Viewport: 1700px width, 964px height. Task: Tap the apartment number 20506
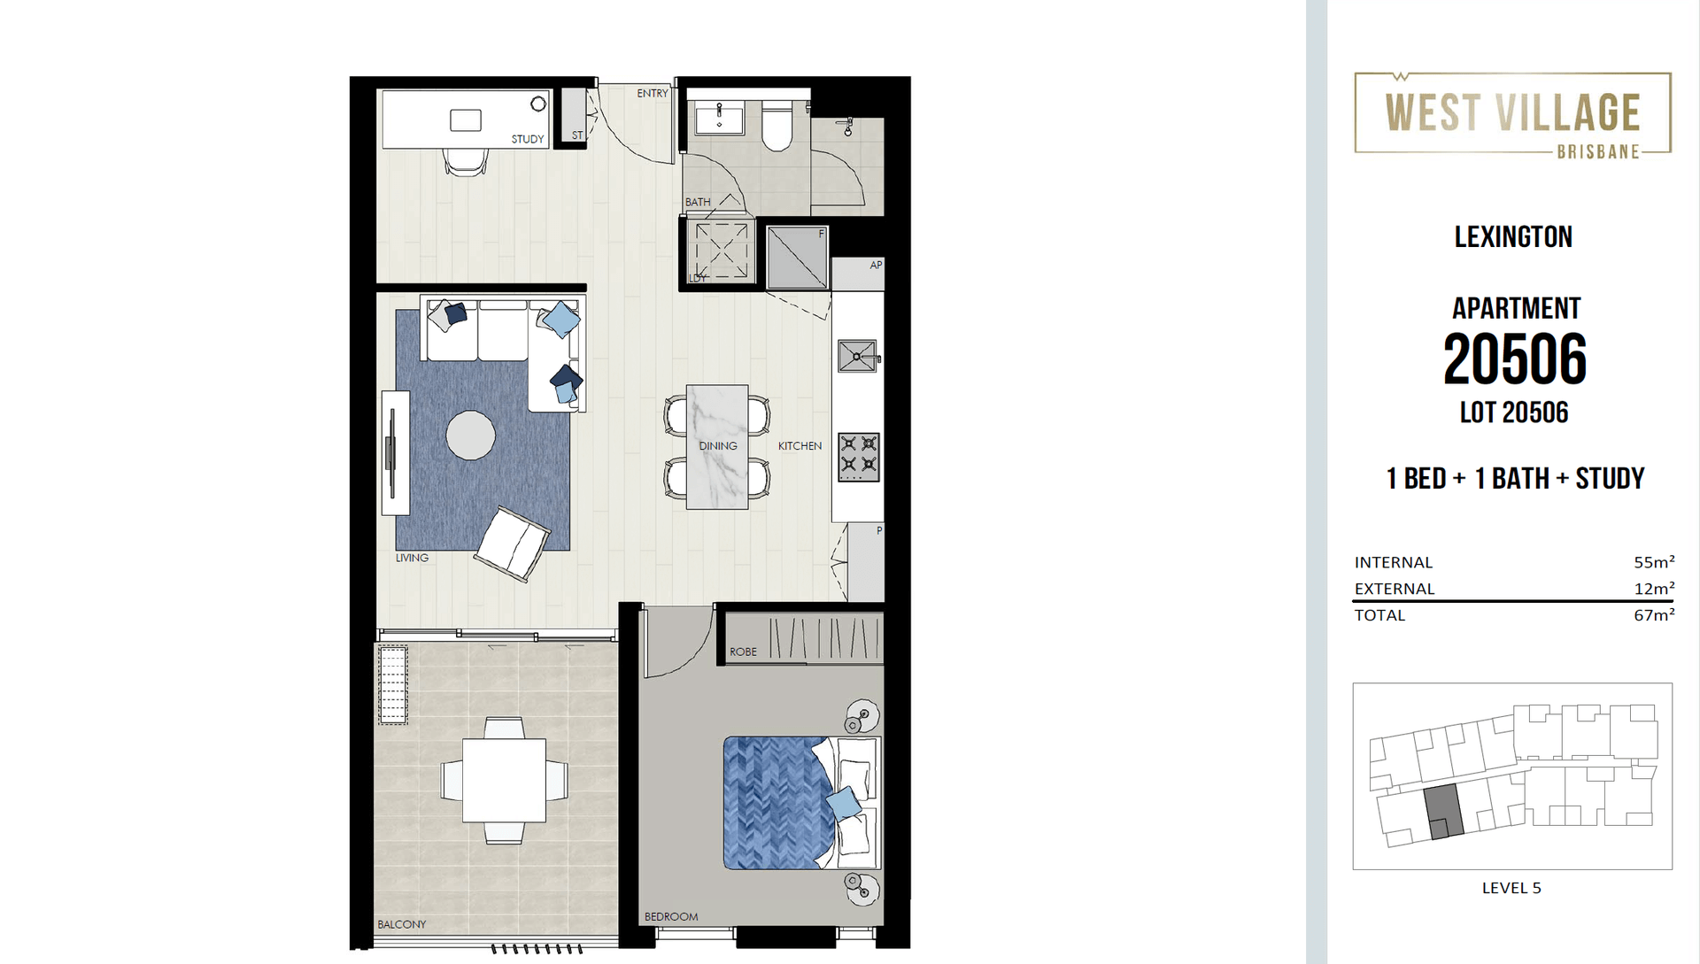pyautogui.click(x=1514, y=359)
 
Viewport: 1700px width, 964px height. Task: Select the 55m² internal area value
pyautogui.click(x=1654, y=562)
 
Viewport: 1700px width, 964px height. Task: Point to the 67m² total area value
pyautogui.click(x=1654, y=614)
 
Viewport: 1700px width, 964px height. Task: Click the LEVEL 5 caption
pyautogui.click(x=1511, y=888)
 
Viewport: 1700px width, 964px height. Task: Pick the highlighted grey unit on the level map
pyautogui.click(x=1443, y=812)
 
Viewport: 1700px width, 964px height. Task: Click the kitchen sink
pyautogui.click(x=858, y=356)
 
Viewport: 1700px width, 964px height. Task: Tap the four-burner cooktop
pyautogui.click(x=859, y=457)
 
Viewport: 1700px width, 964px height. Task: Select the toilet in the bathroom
pyautogui.click(x=777, y=126)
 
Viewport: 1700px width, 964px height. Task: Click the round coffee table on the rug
pyautogui.click(x=470, y=436)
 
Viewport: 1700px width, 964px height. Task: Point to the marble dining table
pyautogui.click(x=717, y=447)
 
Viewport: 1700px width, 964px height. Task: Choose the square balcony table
pyautogui.click(x=504, y=780)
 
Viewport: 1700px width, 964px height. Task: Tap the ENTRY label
pyautogui.click(x=653, y=93)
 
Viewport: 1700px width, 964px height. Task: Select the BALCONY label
pyautogui.click(x=402, y=924)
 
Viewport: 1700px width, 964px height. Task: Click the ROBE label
pyautogui.click(x=743, y=652)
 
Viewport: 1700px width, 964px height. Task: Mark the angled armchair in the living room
pyautogui.click(x=512, y=544)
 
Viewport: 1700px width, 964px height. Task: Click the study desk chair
pyautogui.click(x=466, y=161)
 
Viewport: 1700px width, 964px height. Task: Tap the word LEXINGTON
pyautogui.click(x=1513, y=236)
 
